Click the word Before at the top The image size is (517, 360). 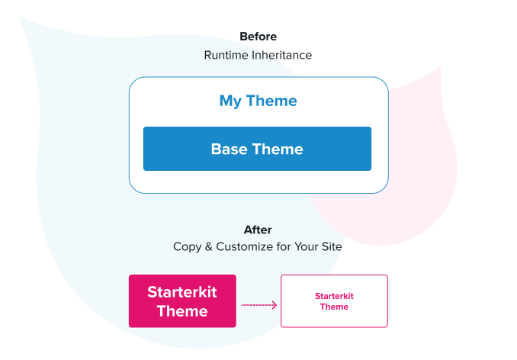pos(258,36)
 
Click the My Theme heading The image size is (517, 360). pos(258,101)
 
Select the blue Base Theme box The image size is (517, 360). pos(257,149)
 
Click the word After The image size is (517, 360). pos(258,230)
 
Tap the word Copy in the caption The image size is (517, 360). pos(187,247)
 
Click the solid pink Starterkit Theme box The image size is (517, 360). pos(182,301)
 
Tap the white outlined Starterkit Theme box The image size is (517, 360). pos(334,301)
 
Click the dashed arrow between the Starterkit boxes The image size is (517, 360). pos(258,305)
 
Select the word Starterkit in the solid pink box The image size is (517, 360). pos(182,291)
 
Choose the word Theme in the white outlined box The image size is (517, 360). pos(334,307)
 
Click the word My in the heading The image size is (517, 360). pos(231,101)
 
